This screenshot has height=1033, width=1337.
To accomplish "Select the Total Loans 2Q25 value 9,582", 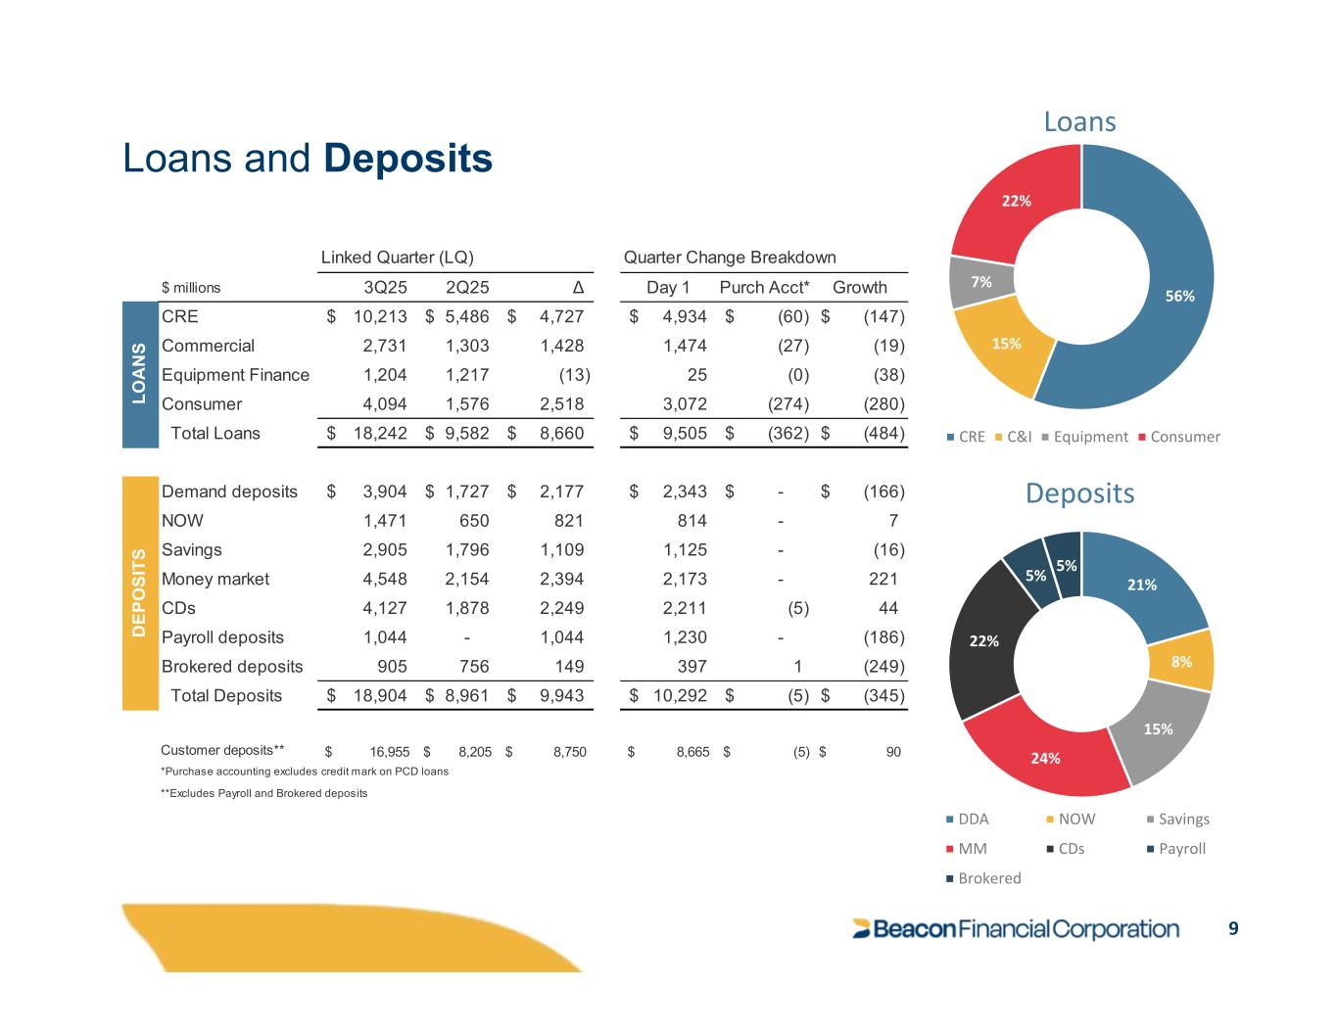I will (466, 433).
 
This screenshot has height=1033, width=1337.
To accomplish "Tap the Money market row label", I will (215, 579).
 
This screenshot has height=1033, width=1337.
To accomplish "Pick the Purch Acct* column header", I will (764, 287).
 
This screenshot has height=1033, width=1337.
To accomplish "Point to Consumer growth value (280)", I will (884, 403).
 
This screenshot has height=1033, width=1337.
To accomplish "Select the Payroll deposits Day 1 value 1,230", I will (685, 637).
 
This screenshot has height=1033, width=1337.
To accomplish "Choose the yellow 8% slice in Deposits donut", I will (1182, 661).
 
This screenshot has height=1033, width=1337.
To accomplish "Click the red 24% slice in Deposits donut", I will (1046, 754).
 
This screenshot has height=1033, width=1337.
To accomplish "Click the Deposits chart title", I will (1079, 493).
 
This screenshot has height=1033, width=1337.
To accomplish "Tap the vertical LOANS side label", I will (139, 374).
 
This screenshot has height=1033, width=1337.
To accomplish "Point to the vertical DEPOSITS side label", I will (139, 593).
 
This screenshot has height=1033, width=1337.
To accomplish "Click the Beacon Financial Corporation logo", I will (1016, 929).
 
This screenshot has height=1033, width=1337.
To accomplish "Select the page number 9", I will (1233, 928).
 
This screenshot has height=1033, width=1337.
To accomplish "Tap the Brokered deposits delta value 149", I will (568, 667).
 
